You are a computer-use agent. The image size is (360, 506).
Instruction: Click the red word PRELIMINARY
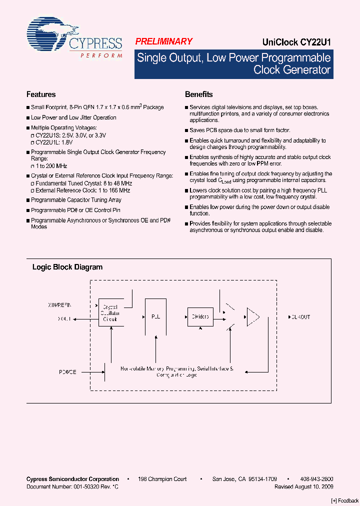(x=164, y=42)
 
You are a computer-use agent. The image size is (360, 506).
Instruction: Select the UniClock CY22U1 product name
(x=296, y=42)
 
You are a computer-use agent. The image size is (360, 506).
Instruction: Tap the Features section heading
(x=41, y=94)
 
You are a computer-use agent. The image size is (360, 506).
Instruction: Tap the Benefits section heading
(x=199, y=94)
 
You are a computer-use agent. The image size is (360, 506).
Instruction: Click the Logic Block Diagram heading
(x=67, y=267)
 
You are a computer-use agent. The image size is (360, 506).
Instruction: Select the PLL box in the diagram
(x=155, y=317)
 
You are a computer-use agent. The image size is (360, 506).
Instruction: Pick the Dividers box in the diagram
(x=200, y=316)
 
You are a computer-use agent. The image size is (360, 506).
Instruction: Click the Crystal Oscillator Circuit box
(x=109, y=312)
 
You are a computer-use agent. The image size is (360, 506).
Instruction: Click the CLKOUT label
(x=299, y=317)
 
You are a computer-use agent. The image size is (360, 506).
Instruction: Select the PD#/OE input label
(x=67, y=372)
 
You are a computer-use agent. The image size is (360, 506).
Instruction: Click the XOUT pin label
(x=64, y=317)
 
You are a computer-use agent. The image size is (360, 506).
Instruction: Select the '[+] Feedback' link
(x=344, y=500)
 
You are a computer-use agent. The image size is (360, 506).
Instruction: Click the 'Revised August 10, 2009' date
(x=303, y=486)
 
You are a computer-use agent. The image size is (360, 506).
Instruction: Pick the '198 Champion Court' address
(x=162, y=479)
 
